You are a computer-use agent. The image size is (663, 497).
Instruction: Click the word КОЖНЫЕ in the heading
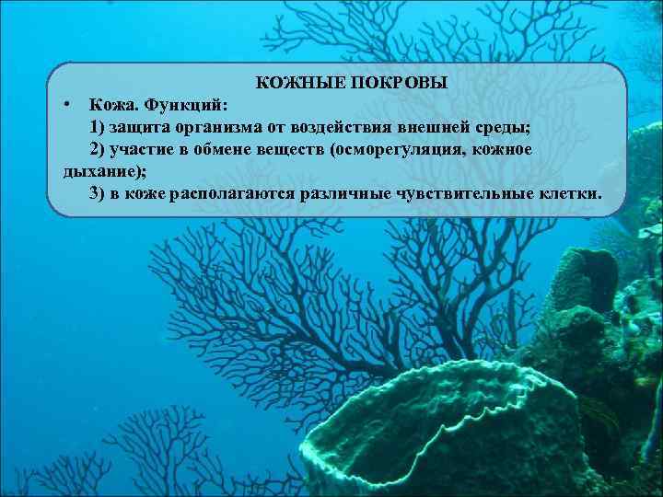292,84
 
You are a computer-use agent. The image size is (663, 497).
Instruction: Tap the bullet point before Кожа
67,105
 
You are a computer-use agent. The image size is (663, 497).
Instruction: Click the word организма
215,127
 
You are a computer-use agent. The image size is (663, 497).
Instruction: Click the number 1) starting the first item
99,127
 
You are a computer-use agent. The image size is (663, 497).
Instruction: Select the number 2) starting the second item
99,149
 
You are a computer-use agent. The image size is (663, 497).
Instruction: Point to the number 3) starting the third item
99,193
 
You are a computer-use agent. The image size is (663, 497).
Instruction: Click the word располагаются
230,193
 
